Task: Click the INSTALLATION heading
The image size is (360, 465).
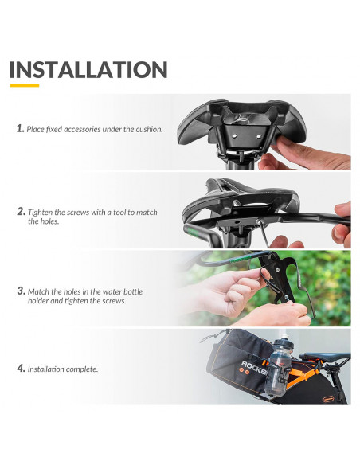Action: click(x=88, y=70)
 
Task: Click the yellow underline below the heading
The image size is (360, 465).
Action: click(x=25, y=85)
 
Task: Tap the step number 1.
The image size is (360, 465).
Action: click(x=20, y=128)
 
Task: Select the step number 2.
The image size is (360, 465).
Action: click(x=21, y=212)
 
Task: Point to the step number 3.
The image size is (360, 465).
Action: click(x=21, y=291)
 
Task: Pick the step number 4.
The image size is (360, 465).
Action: click(x=21, y=369)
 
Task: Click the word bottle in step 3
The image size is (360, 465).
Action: click(x=133, y=291)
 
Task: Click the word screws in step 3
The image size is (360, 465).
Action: click(x=114, y=301)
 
